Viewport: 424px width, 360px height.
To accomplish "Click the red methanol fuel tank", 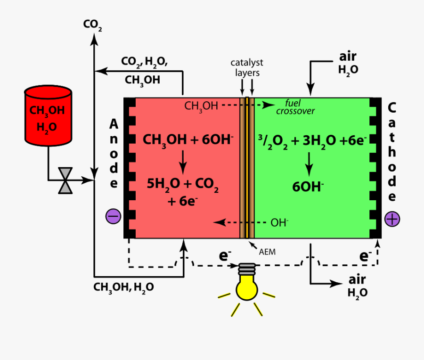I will coord(48,115).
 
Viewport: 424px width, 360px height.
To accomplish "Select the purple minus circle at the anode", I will coord(114,216).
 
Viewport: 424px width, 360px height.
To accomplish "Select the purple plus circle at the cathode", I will coord(391,219).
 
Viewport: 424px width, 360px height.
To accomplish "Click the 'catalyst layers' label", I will coord(247,67).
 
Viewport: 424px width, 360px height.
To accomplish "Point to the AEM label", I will coord(267,252).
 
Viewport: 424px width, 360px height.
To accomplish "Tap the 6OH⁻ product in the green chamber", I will coord(308,187).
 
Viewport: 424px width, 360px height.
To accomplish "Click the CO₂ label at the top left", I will coord(92,25).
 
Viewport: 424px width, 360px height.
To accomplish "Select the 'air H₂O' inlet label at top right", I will coord(348,63).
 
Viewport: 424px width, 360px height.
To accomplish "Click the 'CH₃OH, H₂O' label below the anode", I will coord(123,287).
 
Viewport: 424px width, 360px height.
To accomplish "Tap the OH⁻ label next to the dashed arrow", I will coord(279,222).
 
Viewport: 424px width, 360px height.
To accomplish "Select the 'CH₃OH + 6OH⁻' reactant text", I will coord(188,140).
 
